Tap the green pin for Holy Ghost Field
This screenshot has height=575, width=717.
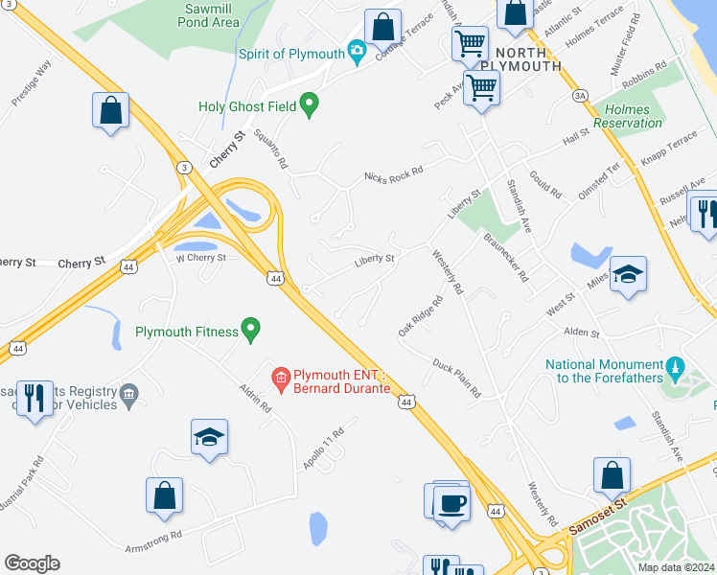tap(309, 105)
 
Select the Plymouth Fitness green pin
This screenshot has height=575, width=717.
tap(251, 332)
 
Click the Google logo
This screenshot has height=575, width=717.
tap(32, 563)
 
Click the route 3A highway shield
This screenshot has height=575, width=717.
tap(579, 96)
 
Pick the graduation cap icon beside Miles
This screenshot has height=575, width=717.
tap(629, 276)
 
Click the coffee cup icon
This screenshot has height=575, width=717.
tap(451, 503)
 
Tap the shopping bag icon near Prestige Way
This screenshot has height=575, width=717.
tap(111, 110)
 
